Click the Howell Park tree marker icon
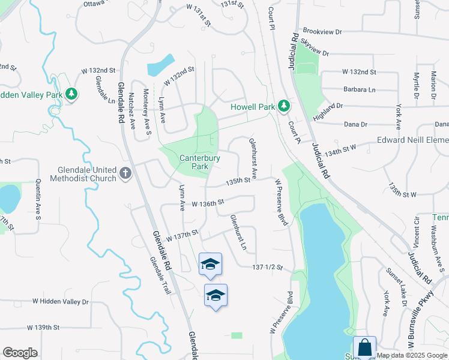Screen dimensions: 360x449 pos(284,107)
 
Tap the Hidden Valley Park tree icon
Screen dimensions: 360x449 pos(71,95)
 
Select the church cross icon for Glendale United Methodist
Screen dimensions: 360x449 pos(125,173)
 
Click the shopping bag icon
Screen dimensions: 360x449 pos(364,347)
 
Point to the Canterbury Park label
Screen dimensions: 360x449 pos(200,162)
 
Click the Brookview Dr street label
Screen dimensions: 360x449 pos(322,31)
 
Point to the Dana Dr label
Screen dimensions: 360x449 pos(355,124)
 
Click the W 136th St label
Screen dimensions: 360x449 pos(207,204)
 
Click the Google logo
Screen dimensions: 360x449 pos(20,353)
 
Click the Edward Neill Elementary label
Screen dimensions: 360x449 pos(412,140)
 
